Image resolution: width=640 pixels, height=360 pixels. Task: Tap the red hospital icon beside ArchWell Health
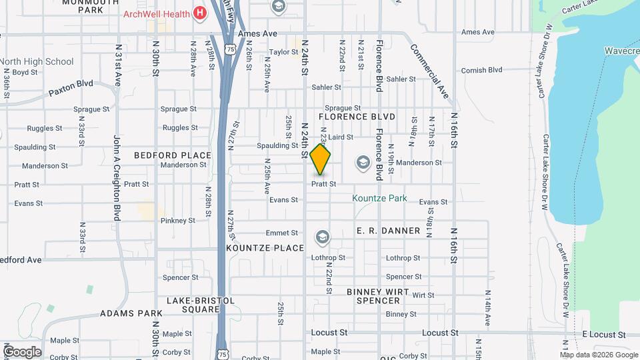tap(199, 13)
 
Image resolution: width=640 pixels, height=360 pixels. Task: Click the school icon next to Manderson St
tap(363, 162)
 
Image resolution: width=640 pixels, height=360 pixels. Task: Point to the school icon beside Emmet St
tap(323, 237)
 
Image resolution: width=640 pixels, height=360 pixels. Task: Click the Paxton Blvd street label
tap(70, 89)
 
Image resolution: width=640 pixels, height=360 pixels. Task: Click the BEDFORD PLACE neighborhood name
tap(173, 155)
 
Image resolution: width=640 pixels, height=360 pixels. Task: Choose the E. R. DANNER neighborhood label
tap(388, 231)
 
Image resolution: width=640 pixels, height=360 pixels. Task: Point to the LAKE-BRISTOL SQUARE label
tap(201, 305)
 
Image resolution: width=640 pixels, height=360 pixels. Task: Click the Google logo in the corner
tap(22, 352)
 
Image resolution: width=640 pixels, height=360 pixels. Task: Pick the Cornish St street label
tap(477, 70)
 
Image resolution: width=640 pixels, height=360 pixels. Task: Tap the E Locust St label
tap(604, 333)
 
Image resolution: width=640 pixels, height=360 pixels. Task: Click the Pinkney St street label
tap(177, 220)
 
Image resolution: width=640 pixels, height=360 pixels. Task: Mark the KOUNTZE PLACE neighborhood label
tap(265, 248)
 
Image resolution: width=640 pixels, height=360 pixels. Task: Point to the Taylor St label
tap(283, 52)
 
